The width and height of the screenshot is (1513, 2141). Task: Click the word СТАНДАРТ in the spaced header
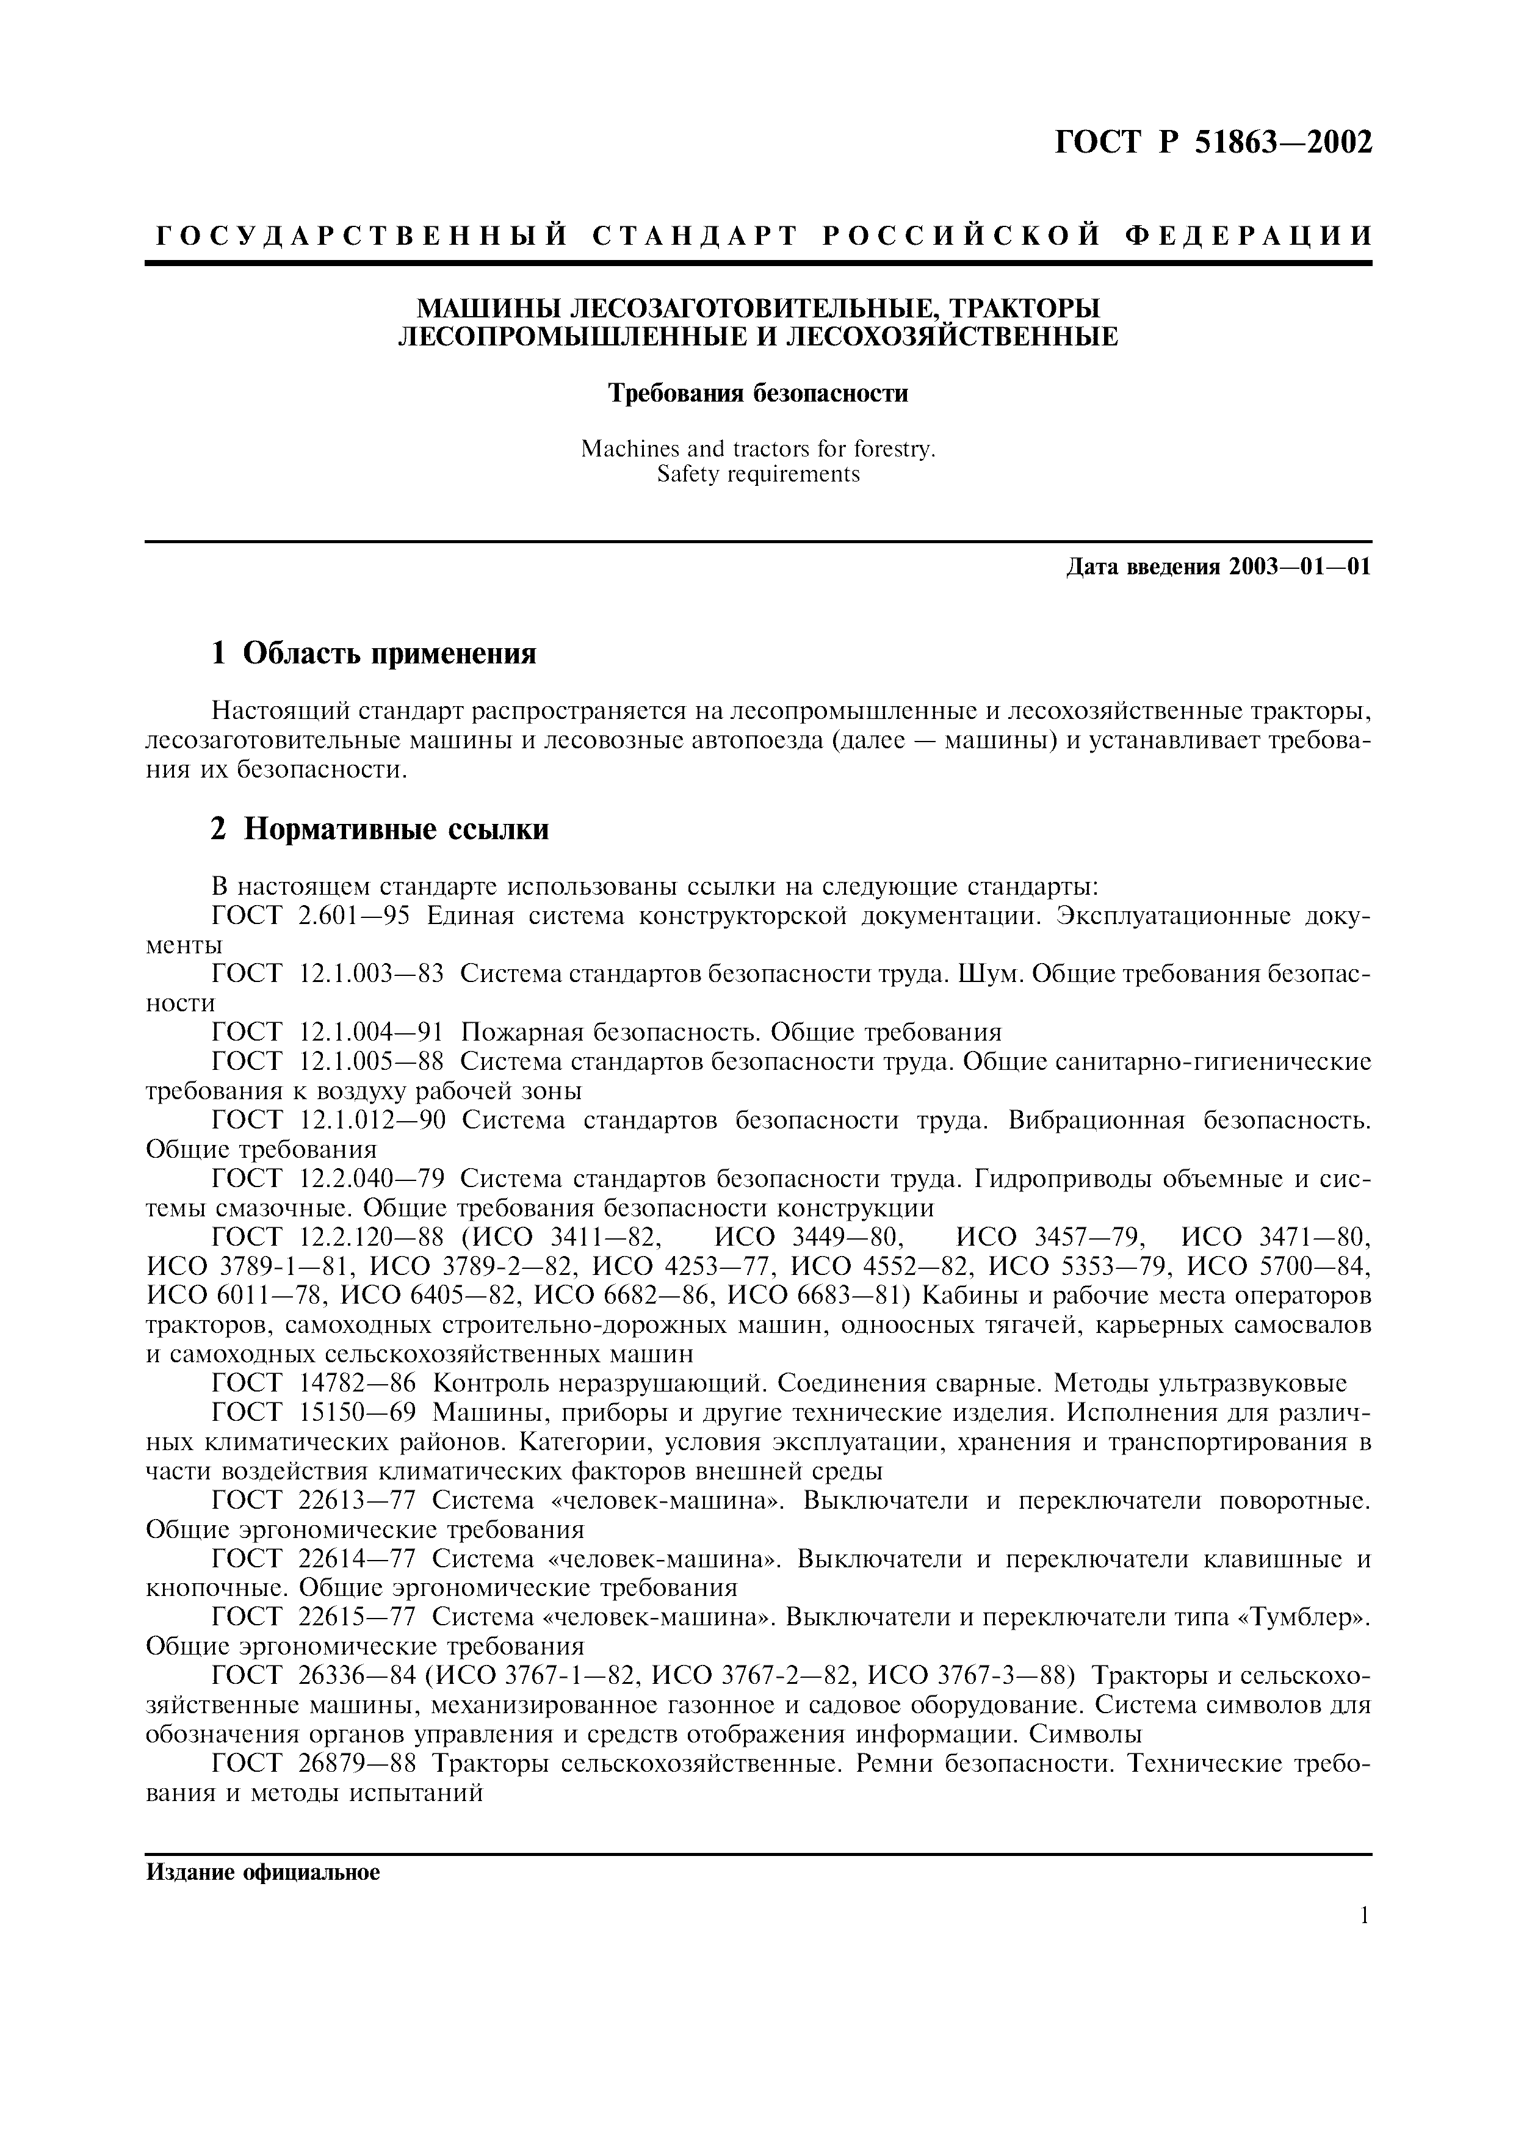tap(695, 236)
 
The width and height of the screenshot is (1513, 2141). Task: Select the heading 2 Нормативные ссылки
tap(380, 829)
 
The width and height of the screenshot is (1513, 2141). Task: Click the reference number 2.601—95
tap(354, 915)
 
